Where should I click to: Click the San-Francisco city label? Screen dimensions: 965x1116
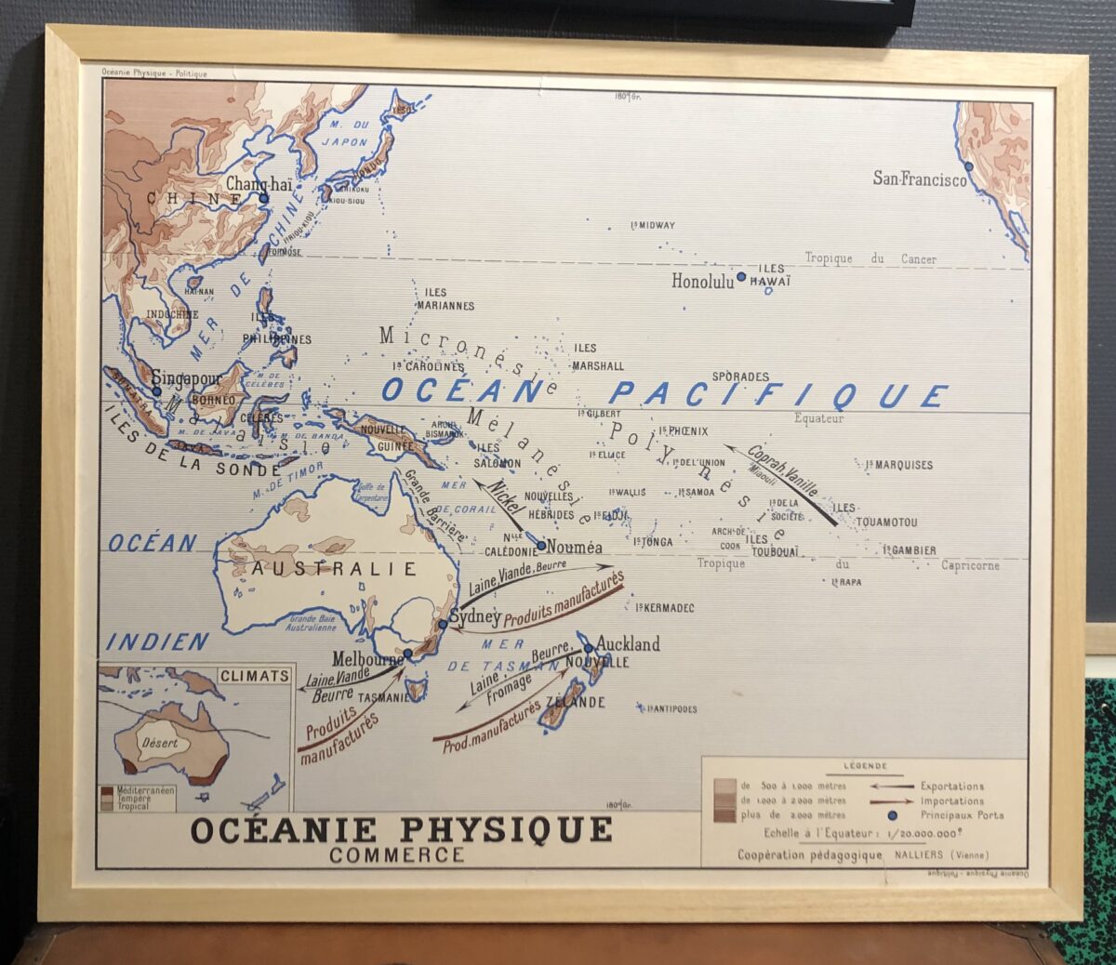[x=919, y=178]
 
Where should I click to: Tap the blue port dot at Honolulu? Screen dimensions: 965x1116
[x=741, y=276]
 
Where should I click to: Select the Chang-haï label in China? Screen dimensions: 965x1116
[x=259, y=184]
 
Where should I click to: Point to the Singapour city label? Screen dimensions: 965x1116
[x=186, y=378]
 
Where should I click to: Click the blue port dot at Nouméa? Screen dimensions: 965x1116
[x=541, y=546]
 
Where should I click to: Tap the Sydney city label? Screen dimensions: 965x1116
[x=474, y=616]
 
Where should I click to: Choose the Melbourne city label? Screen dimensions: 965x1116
[x=367, y=658]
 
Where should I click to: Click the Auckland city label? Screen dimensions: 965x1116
[x=628, y=643]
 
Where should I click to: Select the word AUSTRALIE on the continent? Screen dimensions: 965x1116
[x=333, y=569]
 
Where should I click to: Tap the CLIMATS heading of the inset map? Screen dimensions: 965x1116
[x=255, y=676]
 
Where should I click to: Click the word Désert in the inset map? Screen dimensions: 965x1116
[x=160, y=743]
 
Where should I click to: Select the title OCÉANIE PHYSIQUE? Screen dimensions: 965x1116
[x=401, y=829]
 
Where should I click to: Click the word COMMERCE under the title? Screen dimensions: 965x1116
[x=396, y=854]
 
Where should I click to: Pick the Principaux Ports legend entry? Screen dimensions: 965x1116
[x=962, y=815]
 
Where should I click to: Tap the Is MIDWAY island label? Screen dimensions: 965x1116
[x=653, y=226]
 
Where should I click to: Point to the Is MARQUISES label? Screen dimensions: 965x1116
[x=898, y=465]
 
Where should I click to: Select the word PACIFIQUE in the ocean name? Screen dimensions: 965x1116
[x=779, y=395]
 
